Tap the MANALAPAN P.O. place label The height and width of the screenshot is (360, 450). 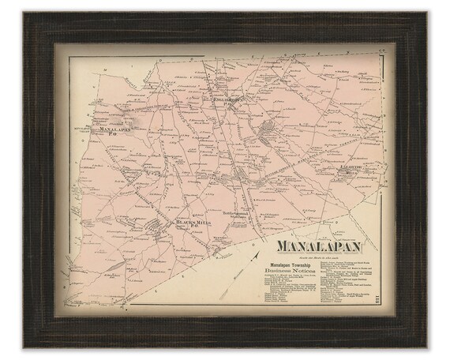(110, 129)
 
